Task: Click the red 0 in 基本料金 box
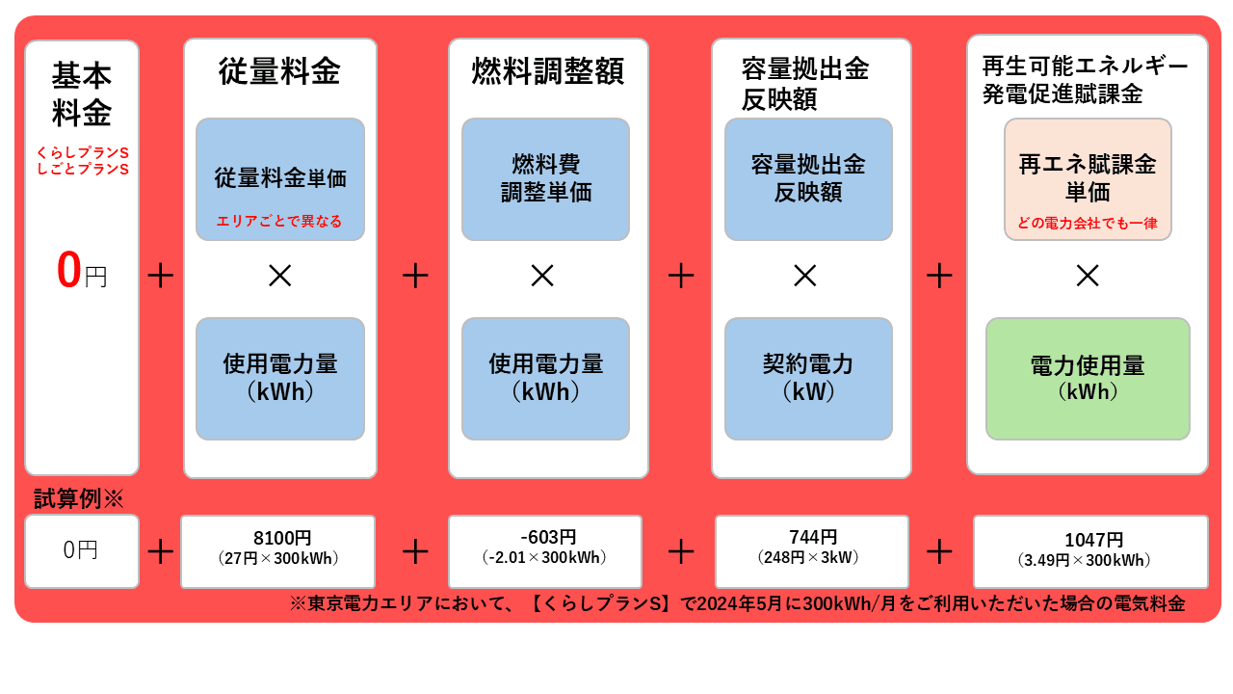tap(68, 271)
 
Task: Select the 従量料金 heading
tap(279, 71)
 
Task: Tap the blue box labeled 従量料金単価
tap(280, 178)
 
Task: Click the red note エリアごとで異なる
tap(279, 222)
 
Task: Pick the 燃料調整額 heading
tap(547, 71)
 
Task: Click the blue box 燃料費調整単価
tap(545, 178)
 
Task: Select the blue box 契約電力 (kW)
tap(808, 378)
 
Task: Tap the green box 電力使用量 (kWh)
tap(1088, 378)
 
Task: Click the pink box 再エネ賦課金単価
tap(1088, 177)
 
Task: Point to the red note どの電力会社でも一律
tap(1088, 224)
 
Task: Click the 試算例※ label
tap(79, 498)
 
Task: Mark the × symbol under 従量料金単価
tap(279, 276)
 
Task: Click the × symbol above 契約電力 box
tap(805, 276)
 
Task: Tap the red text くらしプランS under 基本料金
tap(82, 152)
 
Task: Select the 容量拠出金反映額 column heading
tap(804, 84)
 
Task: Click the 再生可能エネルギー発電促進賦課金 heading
tap(1085, 80)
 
